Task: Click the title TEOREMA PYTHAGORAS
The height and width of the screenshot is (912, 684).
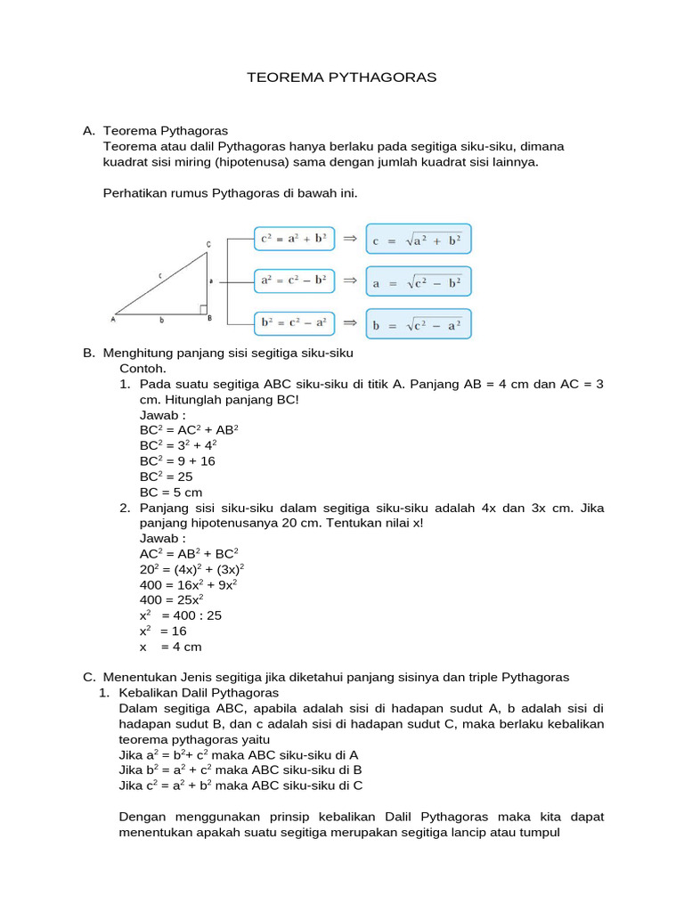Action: [342, 78]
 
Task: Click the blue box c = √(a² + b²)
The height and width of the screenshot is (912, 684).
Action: [419, 240]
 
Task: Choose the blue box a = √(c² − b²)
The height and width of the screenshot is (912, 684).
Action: [419, 282]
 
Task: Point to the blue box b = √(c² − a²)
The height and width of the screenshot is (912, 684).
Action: [419, 324]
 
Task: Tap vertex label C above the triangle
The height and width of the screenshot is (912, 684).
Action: [208, 244]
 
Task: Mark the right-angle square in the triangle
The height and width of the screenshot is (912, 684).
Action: [203, 309]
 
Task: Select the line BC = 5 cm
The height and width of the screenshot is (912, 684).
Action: [171, 492]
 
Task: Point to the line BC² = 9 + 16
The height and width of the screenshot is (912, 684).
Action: [177, 460]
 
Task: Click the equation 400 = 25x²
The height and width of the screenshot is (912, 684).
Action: [178, 599]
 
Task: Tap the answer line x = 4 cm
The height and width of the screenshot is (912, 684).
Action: [171, 647]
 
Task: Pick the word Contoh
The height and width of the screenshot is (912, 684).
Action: [142, 368]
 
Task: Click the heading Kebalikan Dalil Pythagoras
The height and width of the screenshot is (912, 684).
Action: [199, 692]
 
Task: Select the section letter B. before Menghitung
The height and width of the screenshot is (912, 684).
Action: [89, 353]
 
